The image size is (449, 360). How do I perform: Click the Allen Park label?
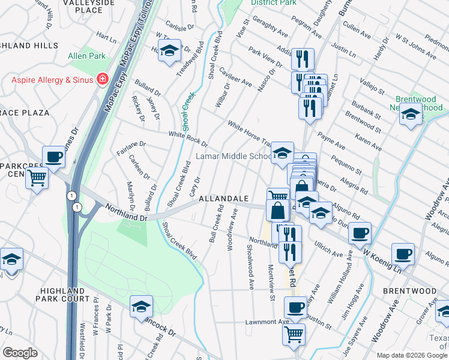pos(86,56)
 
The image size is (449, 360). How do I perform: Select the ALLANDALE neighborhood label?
pos(223,198)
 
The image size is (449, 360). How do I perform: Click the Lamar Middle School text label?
pos(234,157)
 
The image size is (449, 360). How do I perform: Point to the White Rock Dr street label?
pos(188,139)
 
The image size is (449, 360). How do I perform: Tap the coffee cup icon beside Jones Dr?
pos(53,157)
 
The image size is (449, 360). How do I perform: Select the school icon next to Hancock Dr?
pos(141,307)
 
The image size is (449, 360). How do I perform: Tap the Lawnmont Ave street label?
pos(267,322)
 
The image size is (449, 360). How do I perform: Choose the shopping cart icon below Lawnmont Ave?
pos(294,334)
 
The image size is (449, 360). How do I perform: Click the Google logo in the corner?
pos(21,353)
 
